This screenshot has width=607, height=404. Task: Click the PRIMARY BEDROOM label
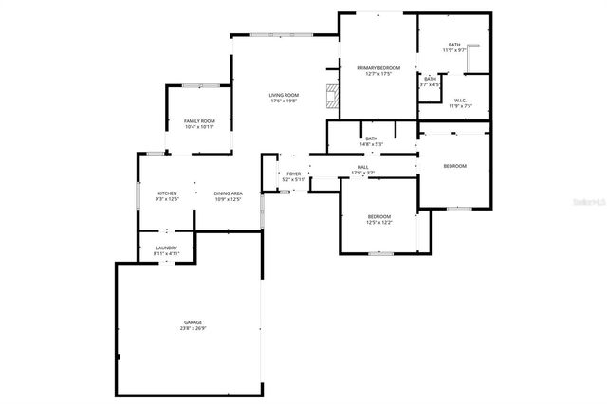click(378, 68)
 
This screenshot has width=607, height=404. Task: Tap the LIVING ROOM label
click(284, 95)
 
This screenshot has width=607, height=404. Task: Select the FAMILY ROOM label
click(199, 120)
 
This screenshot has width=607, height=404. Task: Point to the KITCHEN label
click(167, 193)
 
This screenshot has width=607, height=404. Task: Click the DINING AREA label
click(228, 193)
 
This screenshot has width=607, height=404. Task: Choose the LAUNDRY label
click(167, 248)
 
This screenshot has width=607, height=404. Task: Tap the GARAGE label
click(193, 323)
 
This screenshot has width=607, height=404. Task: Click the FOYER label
click(294, 174)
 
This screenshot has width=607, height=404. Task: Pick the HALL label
click(362, 167)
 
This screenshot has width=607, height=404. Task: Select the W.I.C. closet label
click(459, 101)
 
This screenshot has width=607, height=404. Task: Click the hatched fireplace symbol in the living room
click(331, 94)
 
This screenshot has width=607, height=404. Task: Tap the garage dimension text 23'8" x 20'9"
click(193, 329)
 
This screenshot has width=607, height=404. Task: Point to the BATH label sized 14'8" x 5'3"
click(372, 138)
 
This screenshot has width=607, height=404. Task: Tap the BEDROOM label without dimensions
click(455, 167)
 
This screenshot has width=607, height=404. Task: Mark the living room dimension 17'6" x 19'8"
click(284, 101)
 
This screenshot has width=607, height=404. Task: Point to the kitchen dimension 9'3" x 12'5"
click(167, 199)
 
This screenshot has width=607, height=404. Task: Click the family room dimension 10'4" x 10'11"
click(199, 126)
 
